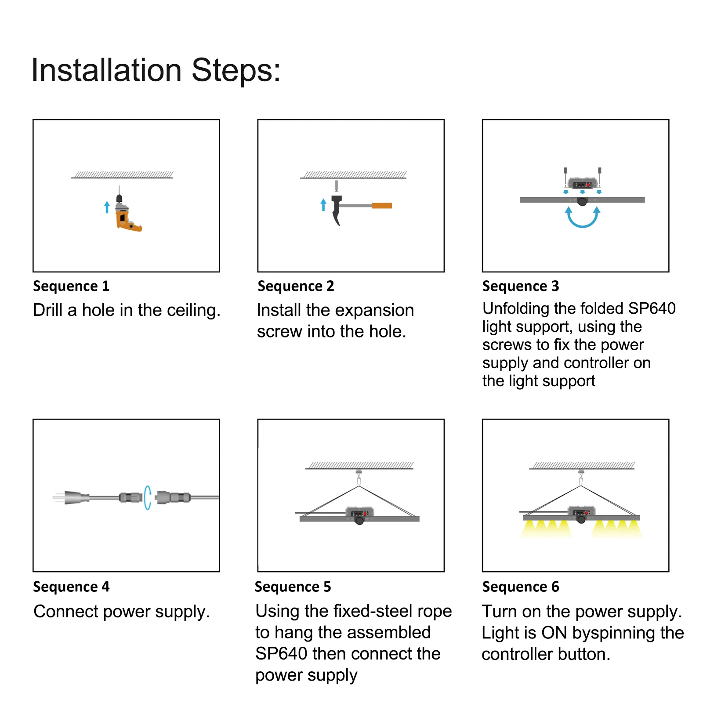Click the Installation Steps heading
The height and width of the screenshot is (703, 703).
pos(156,70)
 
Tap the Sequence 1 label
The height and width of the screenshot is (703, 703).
pos(71,286)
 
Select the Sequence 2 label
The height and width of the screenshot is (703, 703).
pos(296,286)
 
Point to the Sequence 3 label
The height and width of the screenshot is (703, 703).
pos(521,286)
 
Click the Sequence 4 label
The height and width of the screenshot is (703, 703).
pos(71,587)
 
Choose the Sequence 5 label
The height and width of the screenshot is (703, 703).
pos(293,587)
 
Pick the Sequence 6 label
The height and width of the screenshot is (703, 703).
pos(521,587)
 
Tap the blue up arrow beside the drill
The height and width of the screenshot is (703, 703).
pos(107,207)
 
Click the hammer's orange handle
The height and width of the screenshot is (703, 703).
pos(382,206)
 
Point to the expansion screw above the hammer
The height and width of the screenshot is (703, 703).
pos(337,186)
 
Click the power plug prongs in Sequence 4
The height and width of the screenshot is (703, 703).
pos(58,498)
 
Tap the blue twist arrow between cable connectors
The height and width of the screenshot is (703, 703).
pos(147,498)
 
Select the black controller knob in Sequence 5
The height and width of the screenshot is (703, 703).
pos(359,521)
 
